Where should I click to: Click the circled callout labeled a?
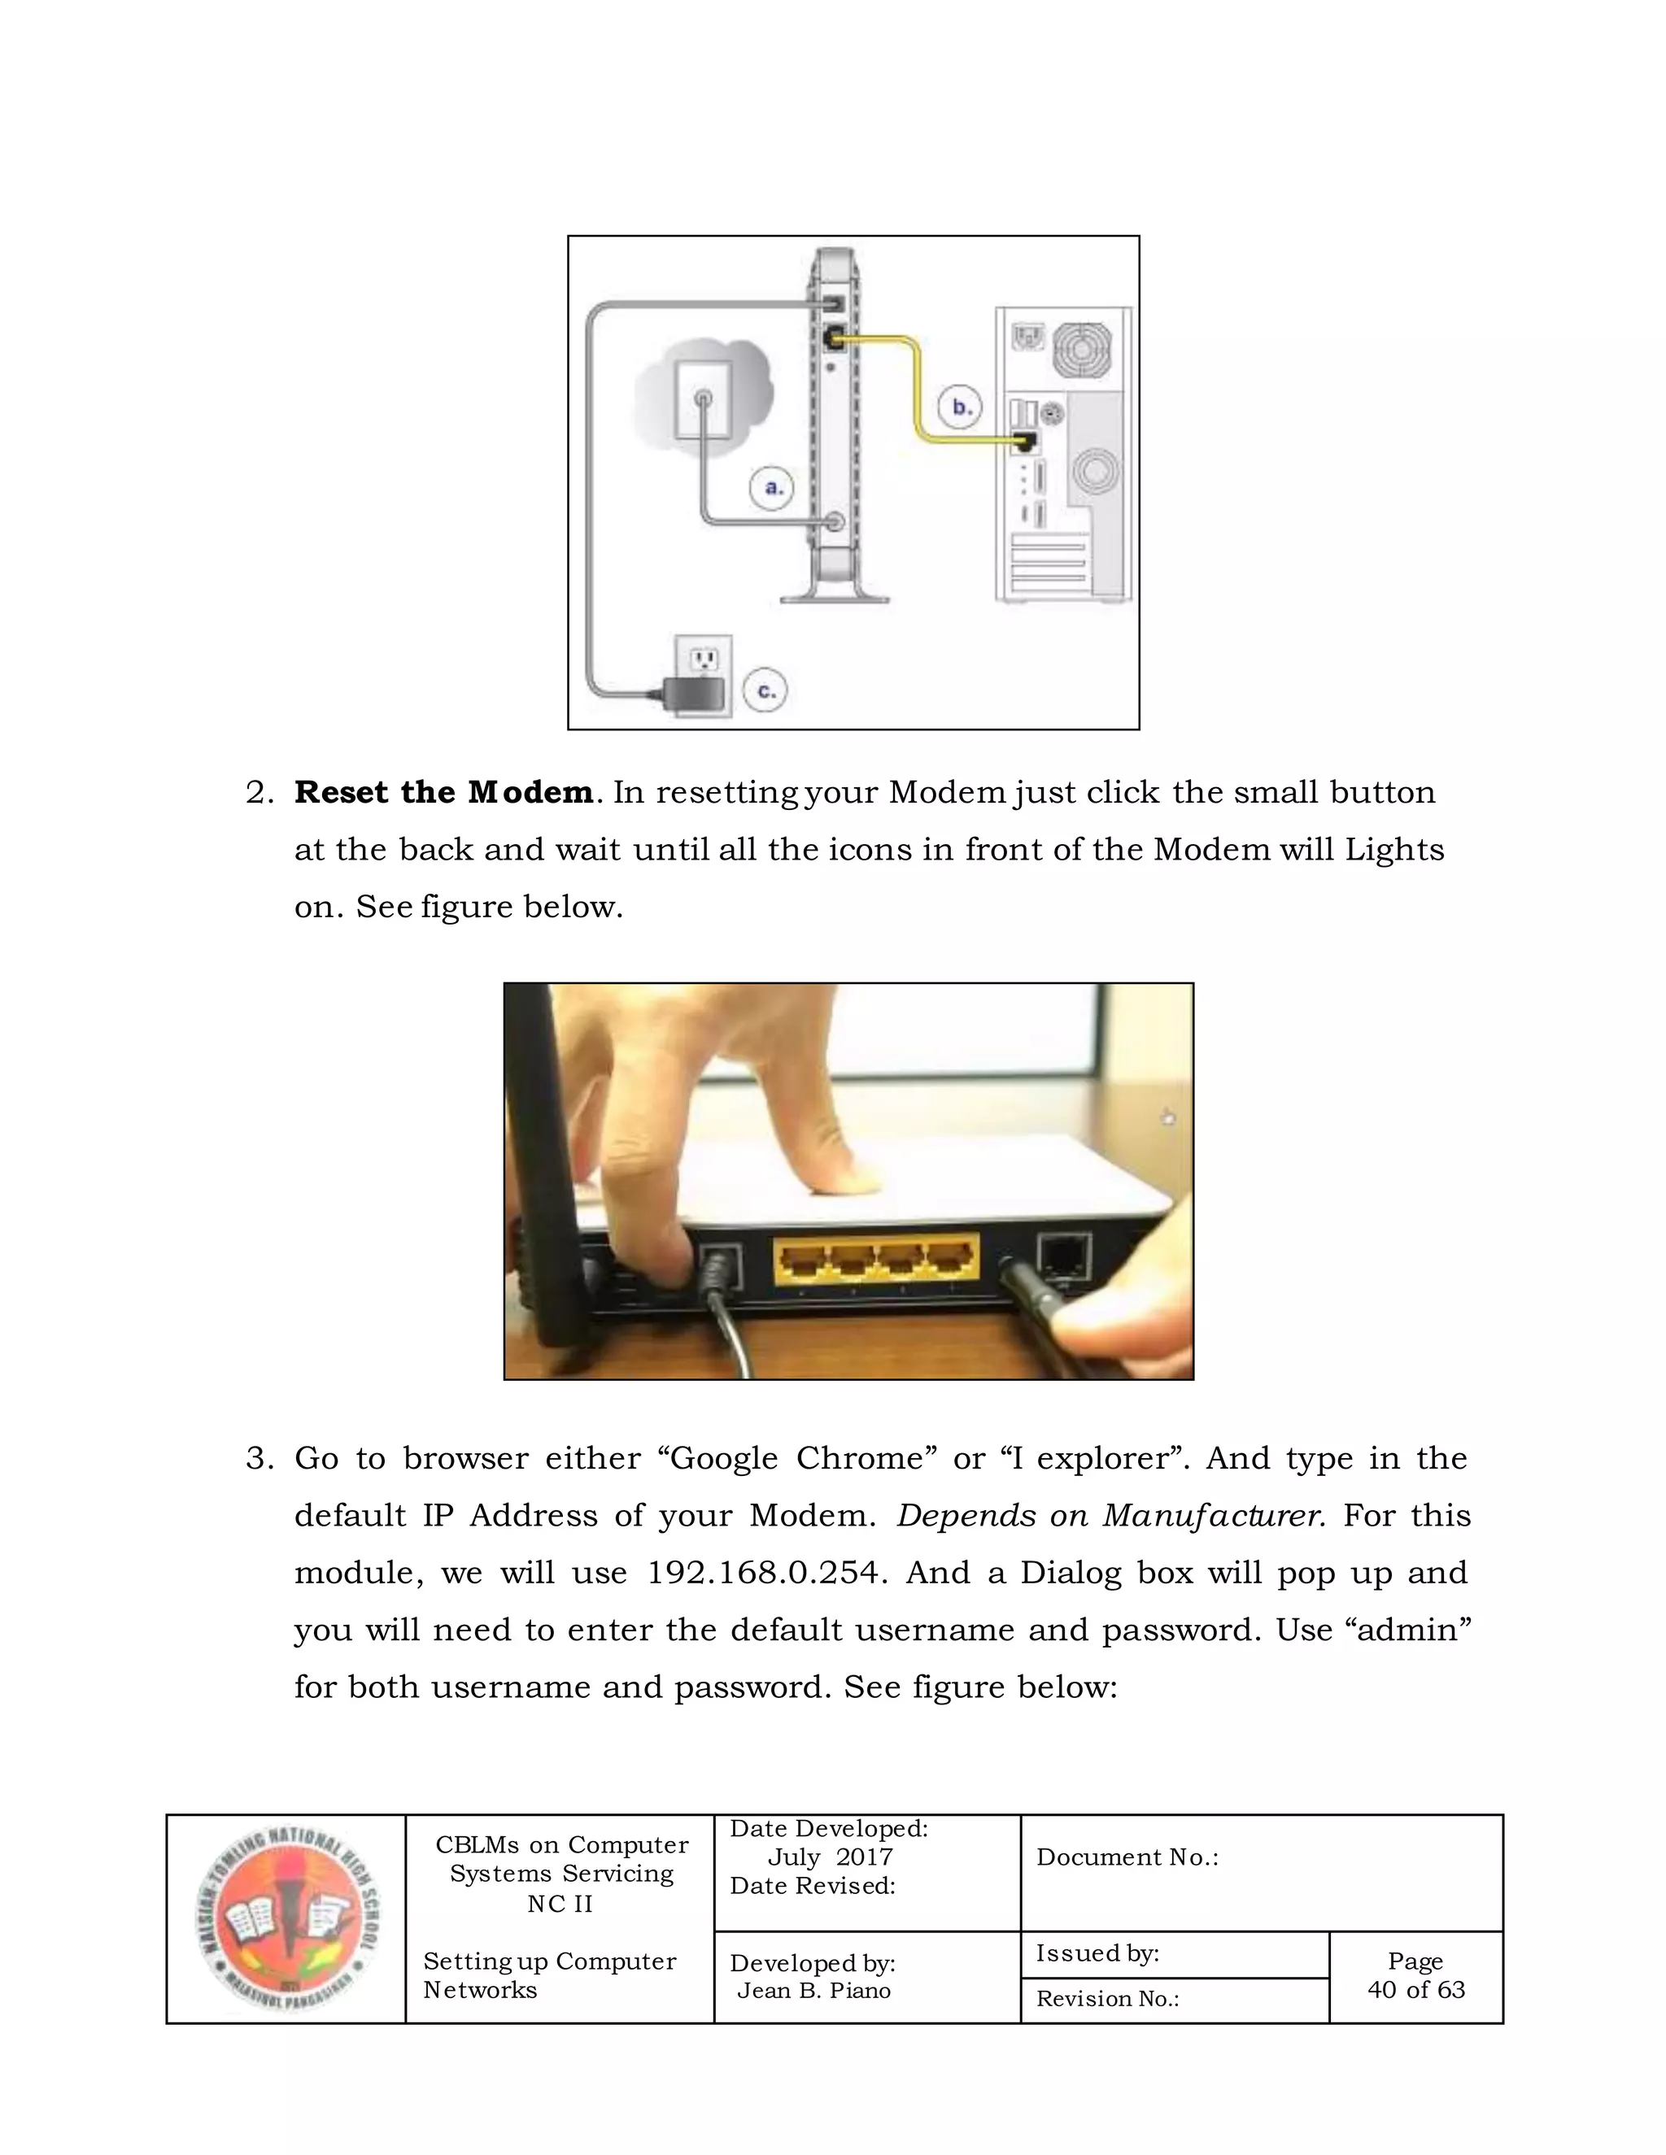tap(772, 487)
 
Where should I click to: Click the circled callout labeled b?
tap(961, 407)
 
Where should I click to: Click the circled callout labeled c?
tap(765, 690)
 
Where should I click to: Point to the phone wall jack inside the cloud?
tap(704, 399)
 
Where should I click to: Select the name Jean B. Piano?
tap(813, 1990)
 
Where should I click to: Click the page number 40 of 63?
tap(1415, 1989)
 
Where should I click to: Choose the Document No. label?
tap(1126, 1857)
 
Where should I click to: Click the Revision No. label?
tap(1106, 1999)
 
